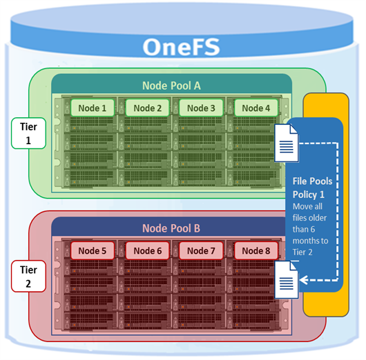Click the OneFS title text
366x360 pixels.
tap(181, 47)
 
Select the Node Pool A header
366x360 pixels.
tap(171, 86)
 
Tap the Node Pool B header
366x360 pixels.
tap(171, 228)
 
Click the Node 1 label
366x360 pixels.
tap(93, 108)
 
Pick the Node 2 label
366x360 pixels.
tap(148, 108)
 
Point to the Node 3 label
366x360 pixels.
tap(201, 108)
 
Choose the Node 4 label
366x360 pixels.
tap(256, 108)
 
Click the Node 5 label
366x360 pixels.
tap(93, 250)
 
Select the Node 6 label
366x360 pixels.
tap(148, 250)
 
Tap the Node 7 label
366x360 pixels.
tap(201, 250)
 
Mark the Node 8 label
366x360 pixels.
tap(256, 250)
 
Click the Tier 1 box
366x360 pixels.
tap(28, 133)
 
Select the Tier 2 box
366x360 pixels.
tap(28, 277)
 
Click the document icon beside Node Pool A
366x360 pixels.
tap(287, 143)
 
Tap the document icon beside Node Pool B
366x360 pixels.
tap(287, 279)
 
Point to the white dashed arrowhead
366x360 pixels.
tap(303, 280)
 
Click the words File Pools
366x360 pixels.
tap(312, 181)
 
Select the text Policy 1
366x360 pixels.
tap(309, 194)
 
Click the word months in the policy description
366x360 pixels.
tap(311, 241)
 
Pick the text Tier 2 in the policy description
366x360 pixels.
tap(302, 252)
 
